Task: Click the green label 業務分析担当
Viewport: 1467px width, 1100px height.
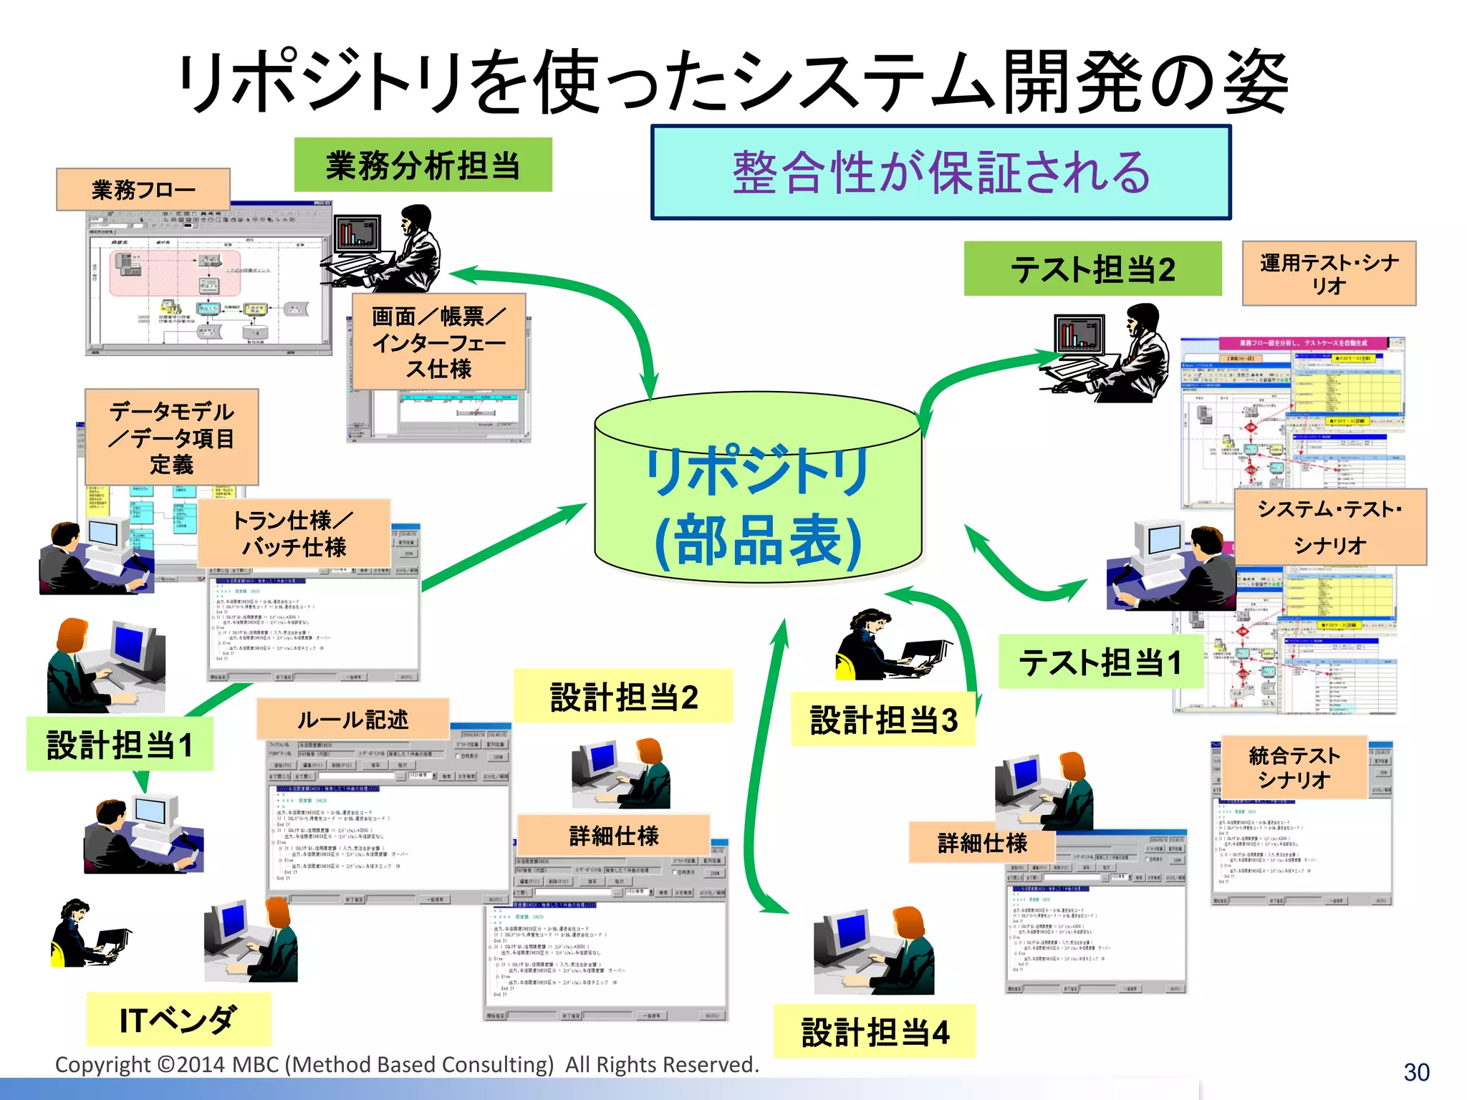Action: point(423,165)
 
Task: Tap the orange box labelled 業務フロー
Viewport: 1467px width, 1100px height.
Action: point(143,190)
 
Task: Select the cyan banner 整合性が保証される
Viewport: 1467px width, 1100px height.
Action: point(941,173)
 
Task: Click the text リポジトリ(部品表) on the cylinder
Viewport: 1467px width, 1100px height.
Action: point(757,506)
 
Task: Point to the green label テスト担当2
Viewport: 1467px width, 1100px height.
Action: point(1092,269)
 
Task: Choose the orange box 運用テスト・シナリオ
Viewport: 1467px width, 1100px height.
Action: point(1329,274)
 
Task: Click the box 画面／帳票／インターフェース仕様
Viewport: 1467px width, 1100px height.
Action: point(439,342)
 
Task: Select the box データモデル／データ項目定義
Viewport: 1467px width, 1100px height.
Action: point(171,437)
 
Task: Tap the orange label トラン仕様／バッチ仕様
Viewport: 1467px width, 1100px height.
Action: point(294,534)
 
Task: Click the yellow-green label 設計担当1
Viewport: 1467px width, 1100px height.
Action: point(120,745)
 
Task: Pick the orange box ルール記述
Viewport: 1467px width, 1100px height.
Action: point(352,719)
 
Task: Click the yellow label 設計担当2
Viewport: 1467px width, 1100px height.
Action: point(623,697)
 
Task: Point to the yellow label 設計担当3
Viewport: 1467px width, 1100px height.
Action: point(883,720)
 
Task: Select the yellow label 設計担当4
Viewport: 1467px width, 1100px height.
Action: point(875,1032)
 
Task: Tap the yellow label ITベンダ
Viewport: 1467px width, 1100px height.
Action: point(178,1019)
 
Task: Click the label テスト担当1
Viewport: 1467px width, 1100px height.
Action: point(1100,662)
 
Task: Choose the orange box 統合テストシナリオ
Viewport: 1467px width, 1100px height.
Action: point(1294,767)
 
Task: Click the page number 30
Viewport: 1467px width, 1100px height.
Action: point(1416,1072)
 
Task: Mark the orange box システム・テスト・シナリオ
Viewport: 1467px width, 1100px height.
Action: point(1330,527)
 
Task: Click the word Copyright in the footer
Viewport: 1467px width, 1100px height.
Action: point(102,1065)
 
